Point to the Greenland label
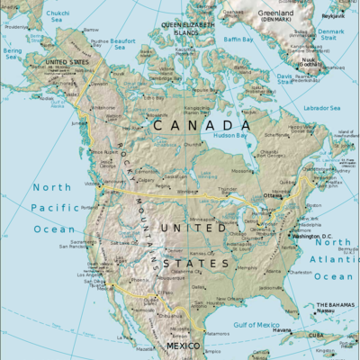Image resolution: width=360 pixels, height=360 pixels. pyautogui.click(x=274, y=15)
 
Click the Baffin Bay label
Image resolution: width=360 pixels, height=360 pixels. pyautogui.click(x=238, y=40)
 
